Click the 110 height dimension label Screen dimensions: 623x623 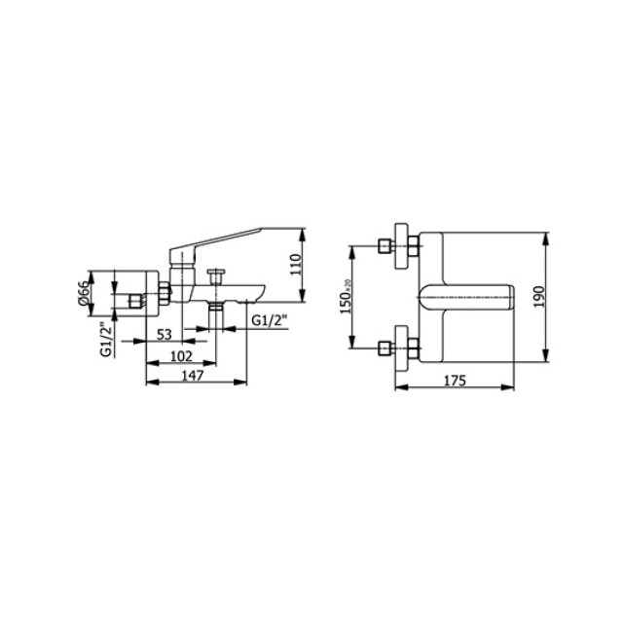(x=296, y=264)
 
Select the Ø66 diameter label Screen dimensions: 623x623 (x=84, y=293)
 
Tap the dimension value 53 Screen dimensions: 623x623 (x=165, y=335)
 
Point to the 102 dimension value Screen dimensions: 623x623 (x=181, y=356)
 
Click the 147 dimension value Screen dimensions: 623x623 (x=193, y=376)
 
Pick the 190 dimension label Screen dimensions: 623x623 (x=539, y=297)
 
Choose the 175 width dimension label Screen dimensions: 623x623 (x=455, y=381)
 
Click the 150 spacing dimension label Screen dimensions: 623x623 (x=347, y=296)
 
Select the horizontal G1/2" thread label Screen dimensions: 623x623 (x=270, y=320)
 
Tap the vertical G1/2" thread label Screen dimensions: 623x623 (x=106, y=339)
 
